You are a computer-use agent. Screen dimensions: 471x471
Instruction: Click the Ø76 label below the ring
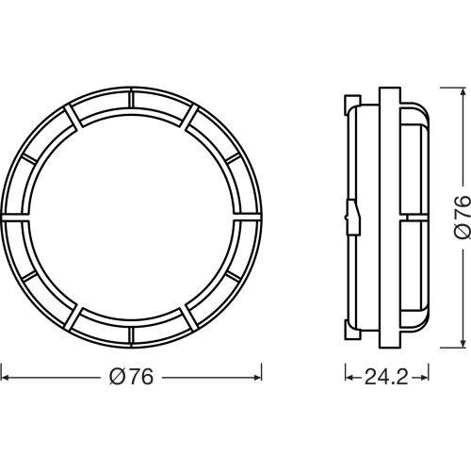coord(132,377)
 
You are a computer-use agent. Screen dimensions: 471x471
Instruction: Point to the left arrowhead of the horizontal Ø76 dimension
coord(6,377)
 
